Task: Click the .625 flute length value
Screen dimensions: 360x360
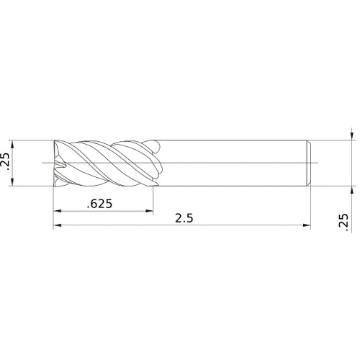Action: (99, 204)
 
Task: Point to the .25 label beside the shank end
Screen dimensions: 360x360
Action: (343, 223)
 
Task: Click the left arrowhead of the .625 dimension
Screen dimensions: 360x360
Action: (57, 212)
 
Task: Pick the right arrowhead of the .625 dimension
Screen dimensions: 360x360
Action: (150, 212)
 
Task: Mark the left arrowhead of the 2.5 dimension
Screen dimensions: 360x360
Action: (57, 226)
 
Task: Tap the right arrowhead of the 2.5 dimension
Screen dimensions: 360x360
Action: (307, 226)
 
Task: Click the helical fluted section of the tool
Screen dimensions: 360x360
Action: (108, 163)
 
